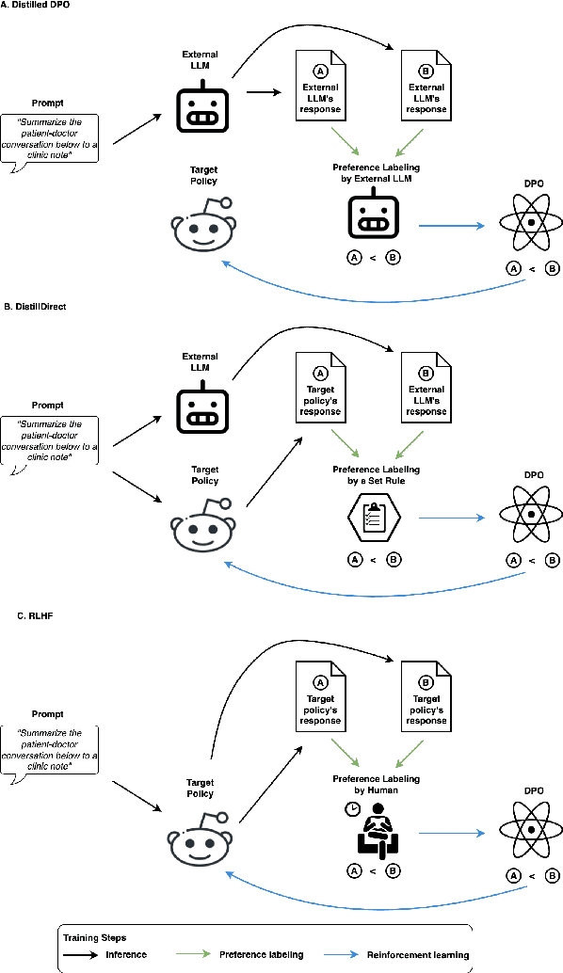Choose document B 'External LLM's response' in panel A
[425, 86]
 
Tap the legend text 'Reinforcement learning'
[425, 954]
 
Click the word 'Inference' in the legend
[126, 954]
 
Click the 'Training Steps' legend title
[94, 937]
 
